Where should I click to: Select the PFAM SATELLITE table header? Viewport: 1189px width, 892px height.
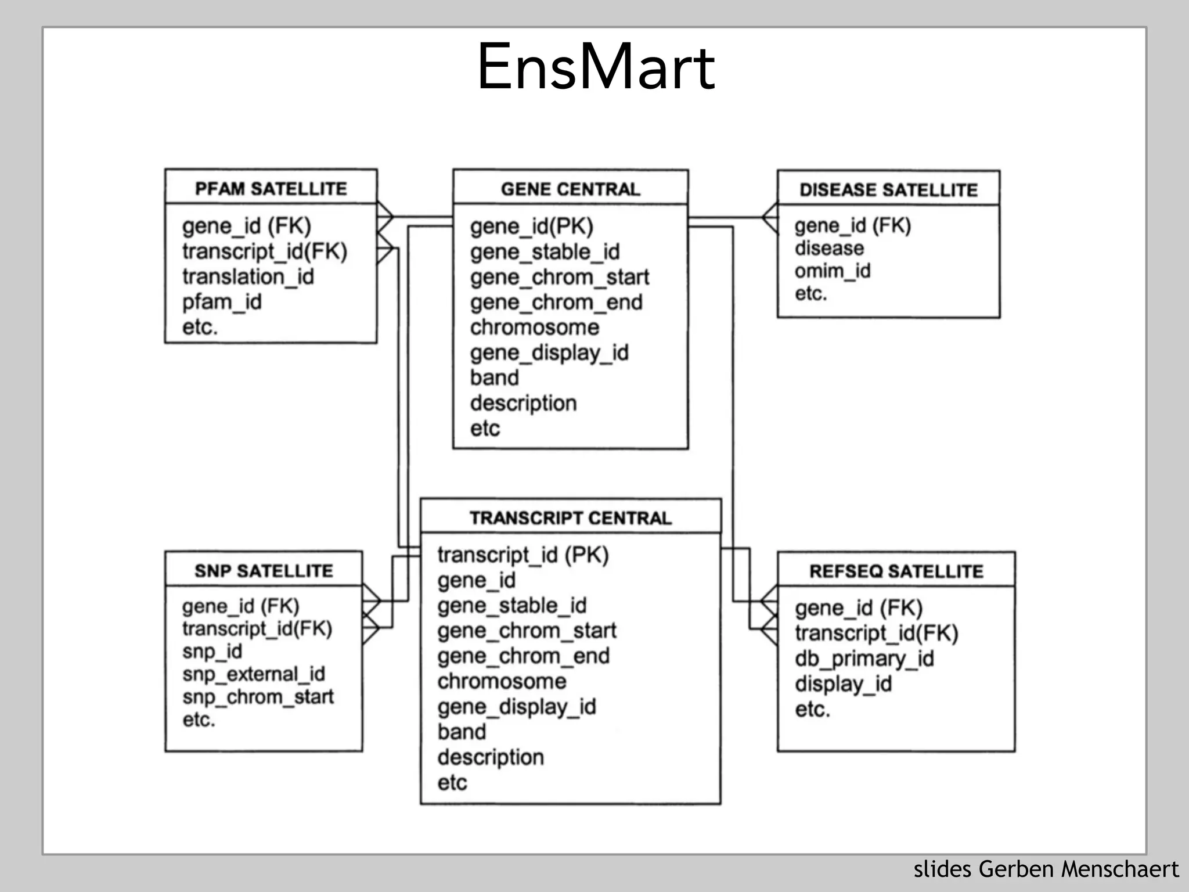(271, 189)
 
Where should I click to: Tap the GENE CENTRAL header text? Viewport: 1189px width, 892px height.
(570, 189)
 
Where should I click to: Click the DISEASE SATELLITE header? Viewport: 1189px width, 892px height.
(888, 190)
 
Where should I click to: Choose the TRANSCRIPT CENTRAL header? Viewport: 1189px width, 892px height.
(570, 517)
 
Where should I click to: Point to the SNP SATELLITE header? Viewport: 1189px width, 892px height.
(264, 571)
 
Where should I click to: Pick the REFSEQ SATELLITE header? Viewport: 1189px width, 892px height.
(896, 571)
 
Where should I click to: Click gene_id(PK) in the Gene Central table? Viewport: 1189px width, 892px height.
(531, 226)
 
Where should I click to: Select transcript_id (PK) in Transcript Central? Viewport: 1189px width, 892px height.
(523, 555)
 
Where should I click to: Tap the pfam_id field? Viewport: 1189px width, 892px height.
(222, 302)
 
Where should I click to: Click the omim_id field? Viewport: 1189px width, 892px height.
(832, 271)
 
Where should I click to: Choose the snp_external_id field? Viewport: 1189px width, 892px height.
(253, 674)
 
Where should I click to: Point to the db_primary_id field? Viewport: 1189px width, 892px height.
(864, 659)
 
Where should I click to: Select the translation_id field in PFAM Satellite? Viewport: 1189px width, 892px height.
(248, 276)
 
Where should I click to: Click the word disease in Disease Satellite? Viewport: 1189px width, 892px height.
(829, 249)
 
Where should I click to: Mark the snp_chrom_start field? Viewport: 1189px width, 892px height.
(258, 697)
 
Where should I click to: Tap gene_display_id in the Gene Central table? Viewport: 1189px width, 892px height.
(549, 353)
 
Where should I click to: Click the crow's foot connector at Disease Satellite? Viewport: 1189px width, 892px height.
(770, 218)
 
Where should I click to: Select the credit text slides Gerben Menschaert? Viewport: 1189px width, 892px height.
(1046, 869)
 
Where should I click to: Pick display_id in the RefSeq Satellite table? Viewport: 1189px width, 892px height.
(843, 684)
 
